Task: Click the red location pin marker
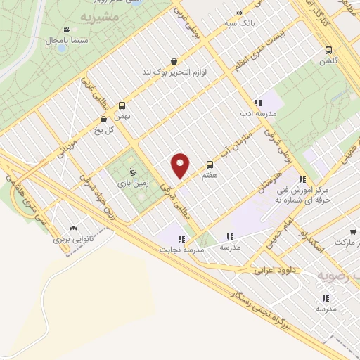coord(181,165)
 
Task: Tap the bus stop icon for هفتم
coord(210,164)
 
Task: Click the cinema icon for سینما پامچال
coord(66,30)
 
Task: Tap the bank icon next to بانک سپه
coord(240,13)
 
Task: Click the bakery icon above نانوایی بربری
coord(74,229)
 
